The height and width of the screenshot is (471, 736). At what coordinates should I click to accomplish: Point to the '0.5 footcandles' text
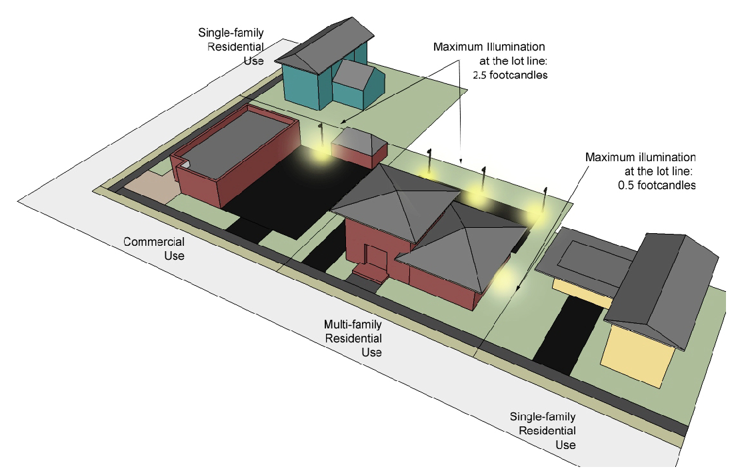[657, 185]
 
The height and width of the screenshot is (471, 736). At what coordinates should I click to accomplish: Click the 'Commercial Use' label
[154, 248]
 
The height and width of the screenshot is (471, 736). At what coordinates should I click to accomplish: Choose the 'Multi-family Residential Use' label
[353, 338]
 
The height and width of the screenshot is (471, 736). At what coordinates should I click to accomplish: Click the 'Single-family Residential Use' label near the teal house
[231, 46]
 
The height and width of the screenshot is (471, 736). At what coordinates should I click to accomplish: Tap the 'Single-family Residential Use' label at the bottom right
[543, 430]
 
